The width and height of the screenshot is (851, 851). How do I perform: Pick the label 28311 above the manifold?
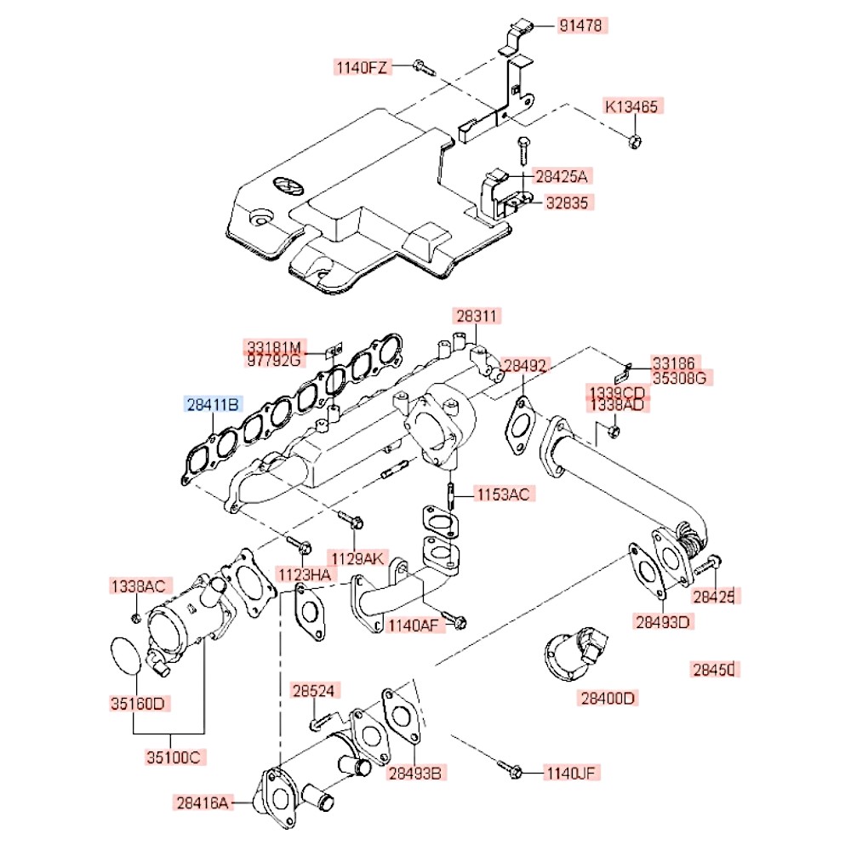pos(477,317)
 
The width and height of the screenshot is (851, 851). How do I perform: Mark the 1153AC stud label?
pos(503,494)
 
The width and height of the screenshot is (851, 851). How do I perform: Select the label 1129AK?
pos(358,557)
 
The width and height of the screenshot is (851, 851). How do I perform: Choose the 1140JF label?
pos(573,773)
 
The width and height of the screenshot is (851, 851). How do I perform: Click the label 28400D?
pos(608,699)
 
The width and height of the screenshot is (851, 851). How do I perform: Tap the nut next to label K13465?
pos(634,140)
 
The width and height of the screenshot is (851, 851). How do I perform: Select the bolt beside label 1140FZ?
pos(421,66)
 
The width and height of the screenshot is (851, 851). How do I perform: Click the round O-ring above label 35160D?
pos(129,656)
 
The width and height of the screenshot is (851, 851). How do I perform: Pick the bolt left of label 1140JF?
pos(512,771)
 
